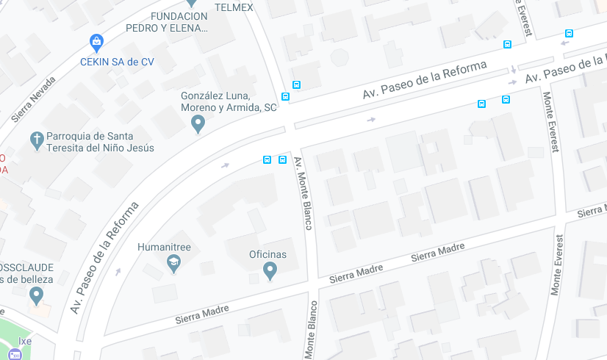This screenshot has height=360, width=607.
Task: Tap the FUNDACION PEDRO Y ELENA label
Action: tap(179, 23)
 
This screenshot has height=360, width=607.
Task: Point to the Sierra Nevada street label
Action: tap(34, 99)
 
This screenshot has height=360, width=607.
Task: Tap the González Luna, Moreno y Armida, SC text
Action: tap(229, 101)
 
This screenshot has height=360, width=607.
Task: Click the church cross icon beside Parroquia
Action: tap(37, 139)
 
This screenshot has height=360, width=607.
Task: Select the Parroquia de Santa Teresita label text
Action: tap(101, 142)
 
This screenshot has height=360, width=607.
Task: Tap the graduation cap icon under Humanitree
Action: tap(173, 263)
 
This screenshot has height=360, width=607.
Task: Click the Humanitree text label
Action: tap(164, 247)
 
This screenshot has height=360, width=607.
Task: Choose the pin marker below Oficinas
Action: tap(270, 271)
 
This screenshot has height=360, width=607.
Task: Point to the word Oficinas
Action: tap(267, 254)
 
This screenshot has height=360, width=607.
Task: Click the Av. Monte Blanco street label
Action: tap(303, 193)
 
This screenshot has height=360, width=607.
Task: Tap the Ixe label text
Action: tap(25, 341)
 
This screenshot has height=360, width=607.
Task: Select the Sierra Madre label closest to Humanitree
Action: tap(201, 314)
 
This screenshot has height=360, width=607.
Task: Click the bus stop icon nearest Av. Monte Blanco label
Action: tap(282, 159)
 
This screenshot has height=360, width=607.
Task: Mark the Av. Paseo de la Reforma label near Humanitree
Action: tap(104, 258)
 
